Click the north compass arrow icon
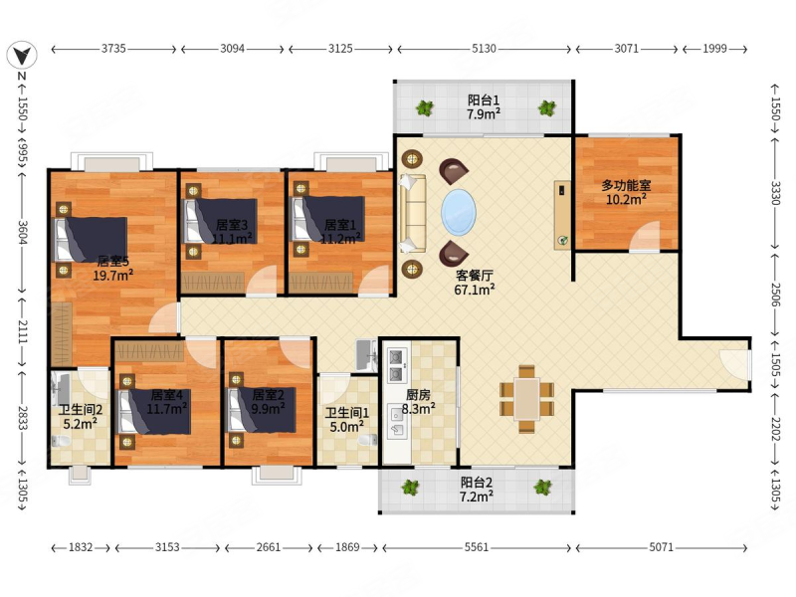[22, 55]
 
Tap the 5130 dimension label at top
[484, 49]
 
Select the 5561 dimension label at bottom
[477, 547]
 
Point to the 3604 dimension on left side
[22, 232]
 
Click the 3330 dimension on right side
[775, 193]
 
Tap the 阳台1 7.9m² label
[484, 106]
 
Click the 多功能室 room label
[627, 186]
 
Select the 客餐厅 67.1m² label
[475, 283]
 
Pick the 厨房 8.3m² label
[418, 402]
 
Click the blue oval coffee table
[459, 213]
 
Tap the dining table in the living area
[527, 399]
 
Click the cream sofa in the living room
[413, 214]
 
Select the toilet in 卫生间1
[368, 439]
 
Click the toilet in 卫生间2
[61, 441]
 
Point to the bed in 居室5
[91, 240]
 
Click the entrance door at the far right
[735, 364]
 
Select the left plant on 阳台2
[410, 488]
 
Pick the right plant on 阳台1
[547, 107]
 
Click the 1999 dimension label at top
[714, 49]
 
